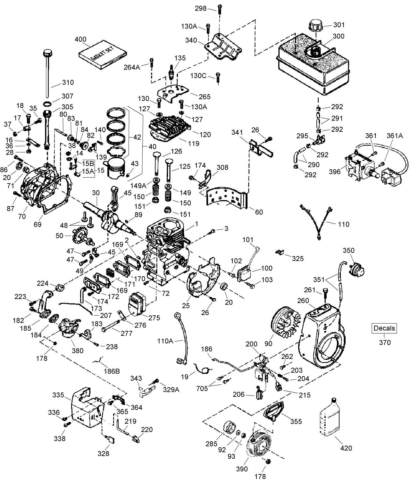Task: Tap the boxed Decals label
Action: click(384, 328)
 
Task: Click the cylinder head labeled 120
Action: click(170, 127)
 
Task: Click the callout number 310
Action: click(67, 82)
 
